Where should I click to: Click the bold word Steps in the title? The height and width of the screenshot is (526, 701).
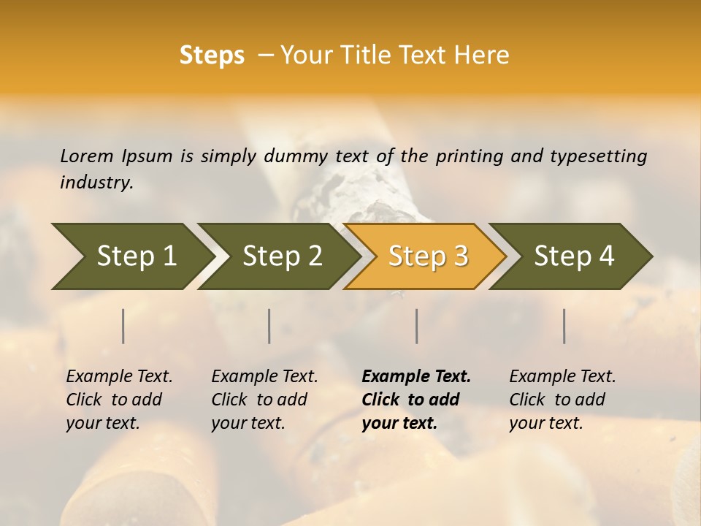coord(212,56)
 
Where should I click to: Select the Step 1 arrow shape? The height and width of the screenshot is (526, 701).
coord(131,256)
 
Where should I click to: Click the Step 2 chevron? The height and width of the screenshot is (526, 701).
coord(280,256)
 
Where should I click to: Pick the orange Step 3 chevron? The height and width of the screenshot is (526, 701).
coord(426,256)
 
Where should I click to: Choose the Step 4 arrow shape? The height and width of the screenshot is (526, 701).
coord(572,256)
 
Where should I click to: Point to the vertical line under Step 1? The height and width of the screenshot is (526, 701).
coord(123,326)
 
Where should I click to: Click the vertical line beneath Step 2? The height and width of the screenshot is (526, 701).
coord(269,326)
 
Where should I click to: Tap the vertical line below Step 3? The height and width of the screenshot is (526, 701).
coord(416,326)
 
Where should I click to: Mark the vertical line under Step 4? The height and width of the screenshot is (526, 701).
coord(564,326)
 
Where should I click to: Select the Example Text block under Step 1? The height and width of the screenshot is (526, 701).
coord(118,400)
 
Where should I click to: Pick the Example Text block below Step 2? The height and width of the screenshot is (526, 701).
coord(264,400)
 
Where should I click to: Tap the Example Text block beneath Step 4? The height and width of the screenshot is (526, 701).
coord(562,400)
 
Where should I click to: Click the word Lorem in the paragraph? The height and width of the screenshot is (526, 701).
coord(86,156)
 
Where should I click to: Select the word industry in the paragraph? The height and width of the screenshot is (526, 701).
coord(96,182)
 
